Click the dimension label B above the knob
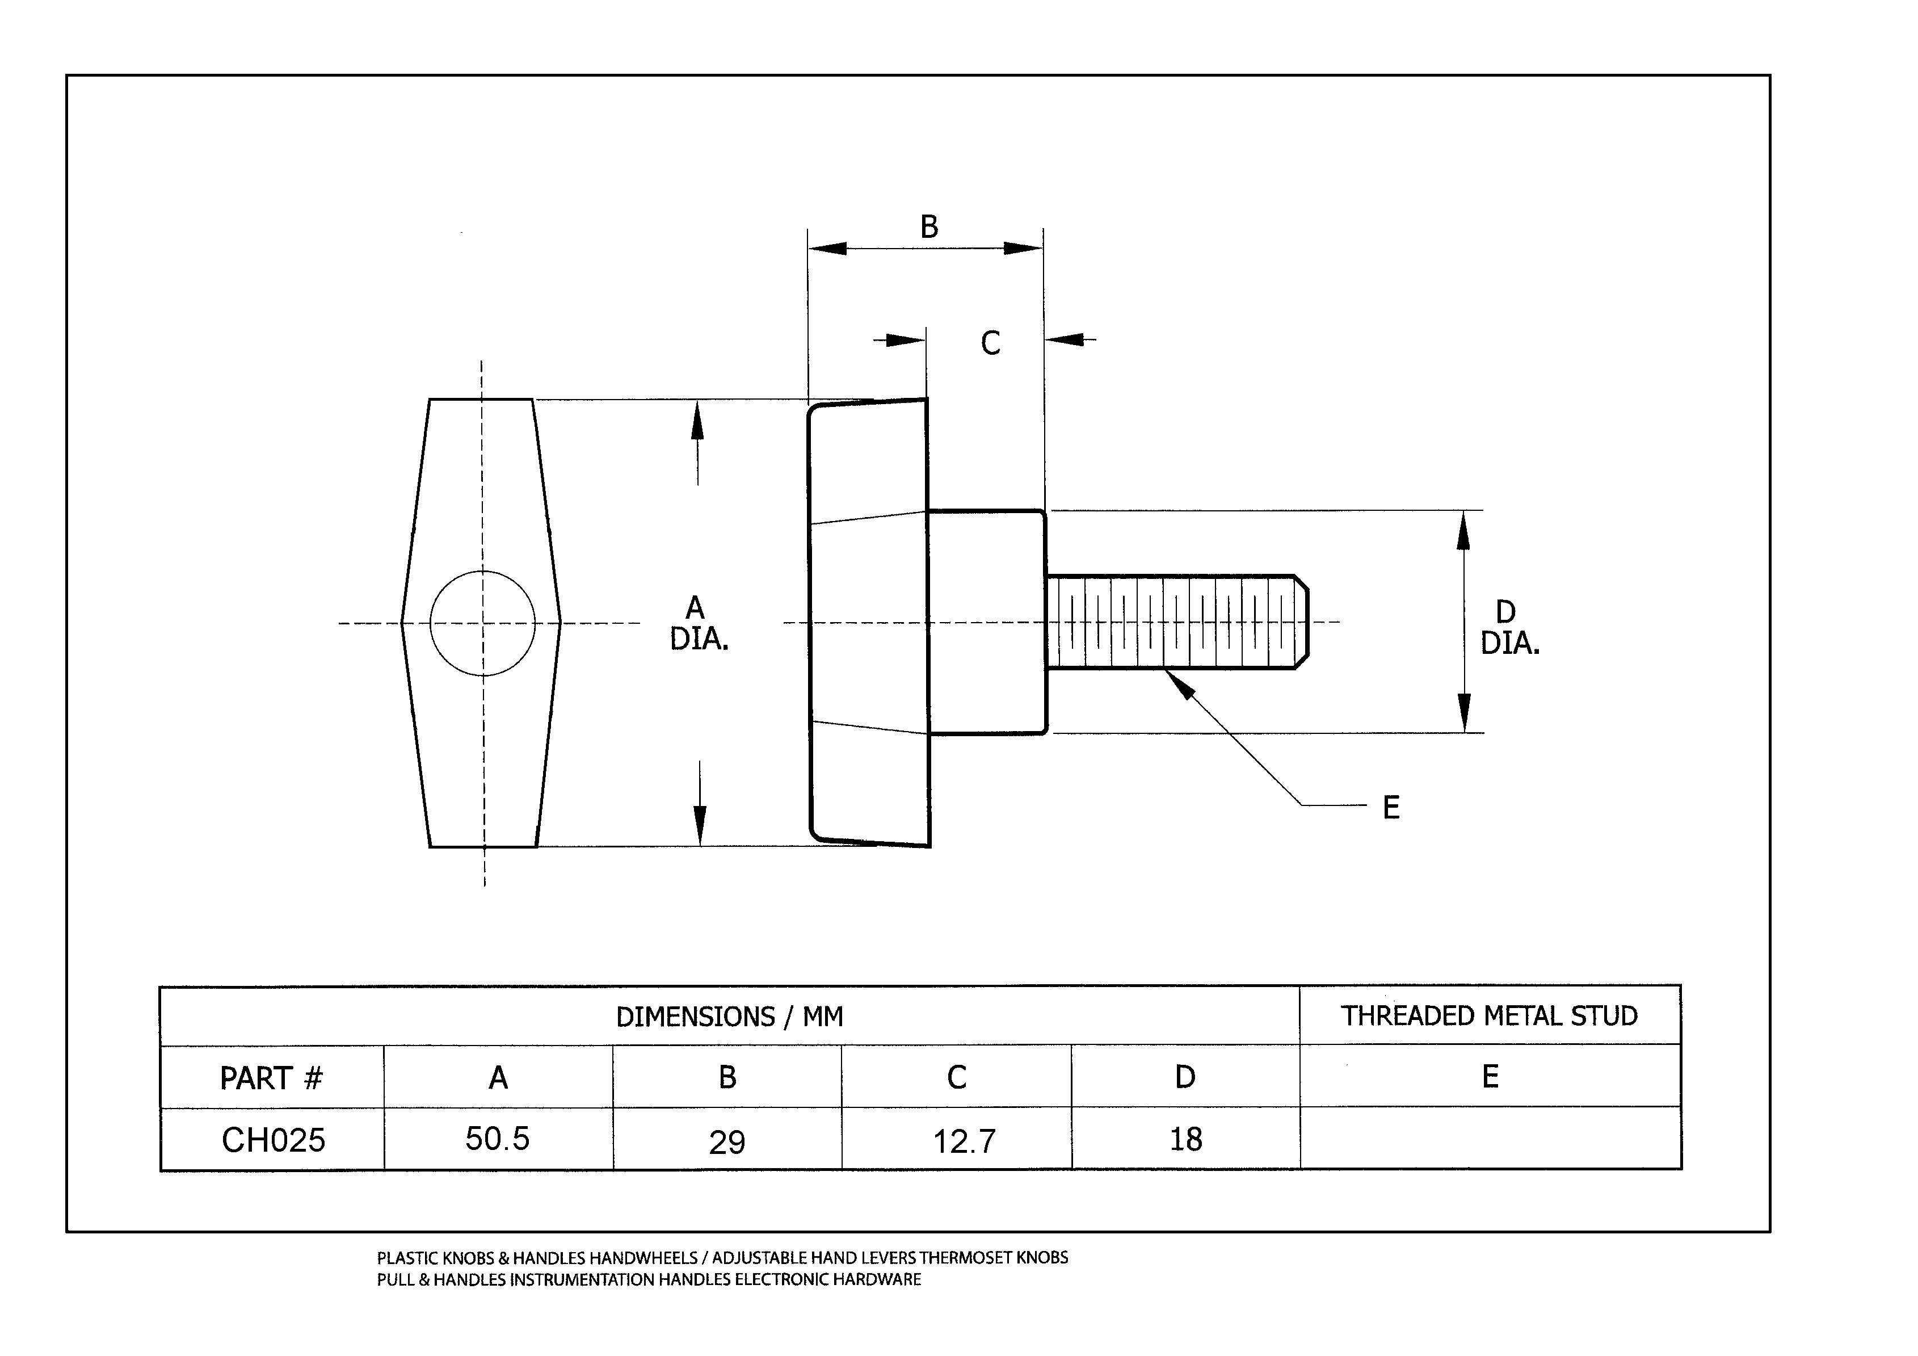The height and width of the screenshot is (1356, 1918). (x=929, y=227)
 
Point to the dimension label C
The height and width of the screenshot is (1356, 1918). (x=991, y=343)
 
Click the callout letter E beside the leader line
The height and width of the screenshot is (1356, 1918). (x=1391, y=808)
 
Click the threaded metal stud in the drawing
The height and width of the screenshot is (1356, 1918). (x=1178, y=623)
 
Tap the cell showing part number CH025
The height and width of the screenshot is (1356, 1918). (x=273, y=1140)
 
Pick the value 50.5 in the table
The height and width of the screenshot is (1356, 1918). (x=498, y=1139)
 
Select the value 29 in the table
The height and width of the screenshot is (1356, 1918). (x=727, y=1142)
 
